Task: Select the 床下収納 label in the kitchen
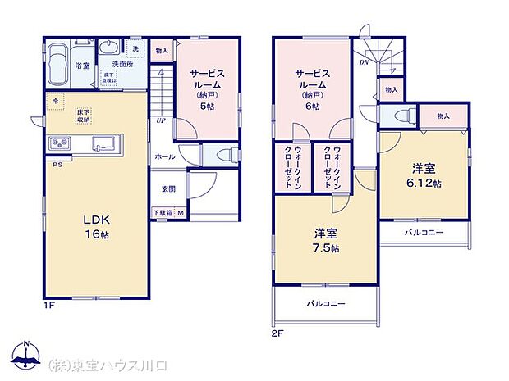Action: click(84, 116)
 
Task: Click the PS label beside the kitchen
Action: click(57, 165)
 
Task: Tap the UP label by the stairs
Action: click(161, 120)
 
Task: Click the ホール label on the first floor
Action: click(163, 156)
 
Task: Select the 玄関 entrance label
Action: click(167, 189)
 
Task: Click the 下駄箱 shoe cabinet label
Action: click(163, 214)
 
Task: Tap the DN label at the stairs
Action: click(364, 62)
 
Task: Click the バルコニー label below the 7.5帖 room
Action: click(327, 304)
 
